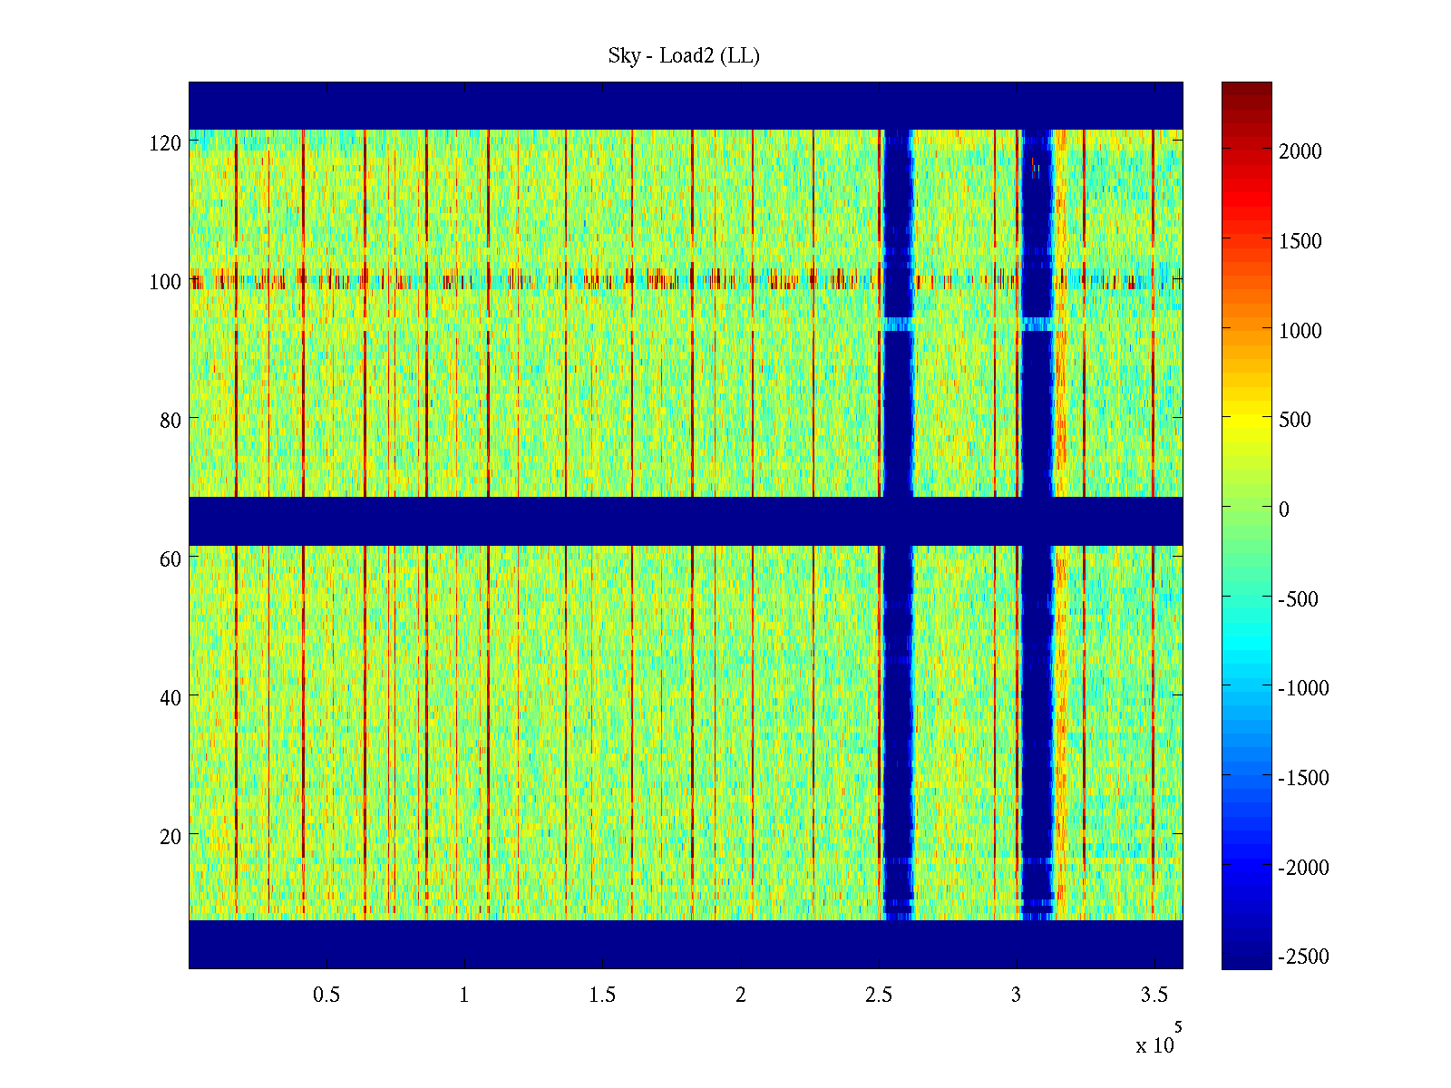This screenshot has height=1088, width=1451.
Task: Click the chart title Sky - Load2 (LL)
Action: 684,56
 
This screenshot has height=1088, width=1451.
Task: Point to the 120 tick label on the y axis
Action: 165,143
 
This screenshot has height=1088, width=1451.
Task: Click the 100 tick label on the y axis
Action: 165,282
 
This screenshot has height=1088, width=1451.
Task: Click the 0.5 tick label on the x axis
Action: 326,996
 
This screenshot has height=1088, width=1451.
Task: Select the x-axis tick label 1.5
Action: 602,996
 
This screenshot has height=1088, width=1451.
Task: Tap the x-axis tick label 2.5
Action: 879,996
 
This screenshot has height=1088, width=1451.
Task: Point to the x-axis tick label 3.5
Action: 1154,996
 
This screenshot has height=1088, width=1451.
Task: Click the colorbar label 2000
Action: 1300,152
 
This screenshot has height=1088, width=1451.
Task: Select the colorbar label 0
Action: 1283,510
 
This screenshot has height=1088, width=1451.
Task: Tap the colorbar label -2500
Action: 1304,957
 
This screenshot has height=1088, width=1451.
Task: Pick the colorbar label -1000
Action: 1304,689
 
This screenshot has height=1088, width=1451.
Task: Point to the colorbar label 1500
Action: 1300,242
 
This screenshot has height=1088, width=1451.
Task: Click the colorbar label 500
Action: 1295,421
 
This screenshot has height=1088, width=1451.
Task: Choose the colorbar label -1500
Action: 1304,779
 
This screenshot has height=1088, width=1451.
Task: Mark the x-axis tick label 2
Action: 741,996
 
